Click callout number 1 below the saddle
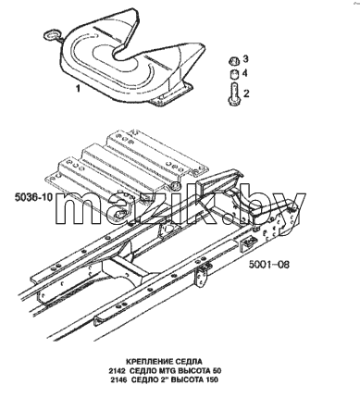click(78, 89)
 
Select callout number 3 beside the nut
click(245, 58)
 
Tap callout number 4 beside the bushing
click(245, 73)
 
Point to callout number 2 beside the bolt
click(246, 93)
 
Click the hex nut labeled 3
click(233, 61)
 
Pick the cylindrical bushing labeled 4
click(234, 75)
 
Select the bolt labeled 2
click(234, 93)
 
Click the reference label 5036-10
click(34, 197)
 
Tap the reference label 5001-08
click(269, 265)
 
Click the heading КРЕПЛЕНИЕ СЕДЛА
click(164, 361)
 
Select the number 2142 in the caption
click(117, 370)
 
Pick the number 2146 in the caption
click(118, 379)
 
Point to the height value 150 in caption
click(212, 379)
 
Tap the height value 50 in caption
click(217, 370)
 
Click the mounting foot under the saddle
click(170, 95)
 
